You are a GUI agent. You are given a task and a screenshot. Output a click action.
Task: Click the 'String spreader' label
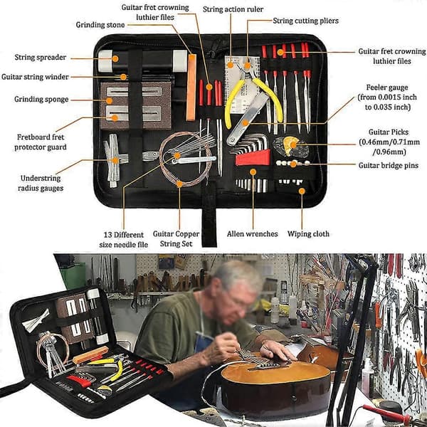(x=41, y=58)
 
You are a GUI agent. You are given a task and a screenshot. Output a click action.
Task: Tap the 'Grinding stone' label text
(x=100, y=25)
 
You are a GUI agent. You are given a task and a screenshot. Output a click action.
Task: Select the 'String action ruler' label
(x=233, y=9)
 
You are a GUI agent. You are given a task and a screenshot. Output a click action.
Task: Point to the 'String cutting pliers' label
(x=305, y=21)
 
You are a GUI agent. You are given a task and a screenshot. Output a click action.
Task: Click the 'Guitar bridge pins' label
(x=389, y=165)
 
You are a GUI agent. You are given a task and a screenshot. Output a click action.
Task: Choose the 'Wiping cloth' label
(x=308, y=234)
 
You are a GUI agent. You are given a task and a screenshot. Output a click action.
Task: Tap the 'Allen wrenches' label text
(x=253, y=234)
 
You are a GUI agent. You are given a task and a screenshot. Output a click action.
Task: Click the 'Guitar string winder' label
(x=35, y=77)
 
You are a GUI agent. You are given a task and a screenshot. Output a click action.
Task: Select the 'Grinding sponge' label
(x=41, y=100)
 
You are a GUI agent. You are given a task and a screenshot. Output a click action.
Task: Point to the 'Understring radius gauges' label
(x=41, y=184)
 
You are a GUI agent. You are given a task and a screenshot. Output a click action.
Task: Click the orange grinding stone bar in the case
(x=191, y=87)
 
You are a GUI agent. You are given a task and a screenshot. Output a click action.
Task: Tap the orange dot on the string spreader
(x=115, y=58)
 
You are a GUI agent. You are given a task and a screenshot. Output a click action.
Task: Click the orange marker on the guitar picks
(x=293, y=144)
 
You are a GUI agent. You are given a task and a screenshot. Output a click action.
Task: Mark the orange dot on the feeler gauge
(x=246, y=123)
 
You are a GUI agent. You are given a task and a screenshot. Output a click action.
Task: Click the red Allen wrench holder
(x=253, y=158)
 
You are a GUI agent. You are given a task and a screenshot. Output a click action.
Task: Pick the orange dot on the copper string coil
(x=179, y=184)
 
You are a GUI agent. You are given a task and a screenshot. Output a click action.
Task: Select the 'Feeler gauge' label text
(x=387, y=88)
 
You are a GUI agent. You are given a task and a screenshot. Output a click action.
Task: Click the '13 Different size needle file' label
(x=124, y=240)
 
